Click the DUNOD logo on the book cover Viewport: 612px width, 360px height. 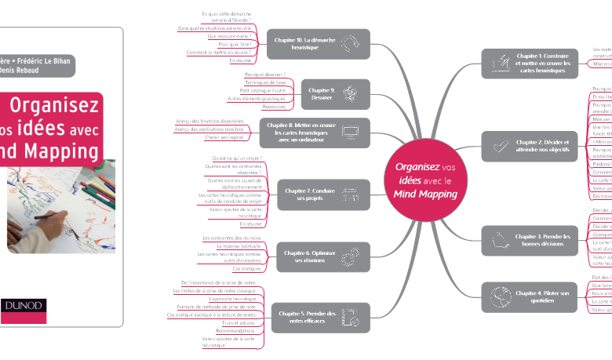(24, 306)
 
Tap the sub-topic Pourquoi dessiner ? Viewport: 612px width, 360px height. (264, 73)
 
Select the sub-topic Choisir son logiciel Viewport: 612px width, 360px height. (223, 138)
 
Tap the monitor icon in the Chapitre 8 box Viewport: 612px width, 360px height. (350, 134)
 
